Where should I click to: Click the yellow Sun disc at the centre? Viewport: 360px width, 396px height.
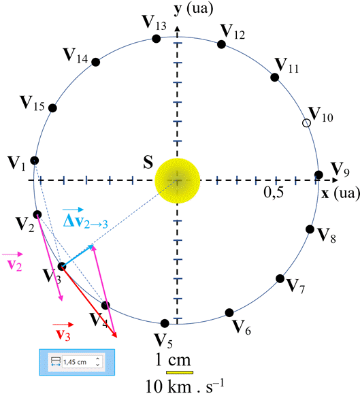click(x=178, y=180)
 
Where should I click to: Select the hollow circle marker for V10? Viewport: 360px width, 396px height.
click(x=306, y=123)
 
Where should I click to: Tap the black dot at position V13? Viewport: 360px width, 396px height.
click(x=157, y=39)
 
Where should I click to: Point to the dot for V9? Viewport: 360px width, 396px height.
click(x=318, y=174)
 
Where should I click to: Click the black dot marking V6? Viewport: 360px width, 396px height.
click(x=229, y=313)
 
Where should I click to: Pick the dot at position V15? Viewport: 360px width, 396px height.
click(x=52, y=108)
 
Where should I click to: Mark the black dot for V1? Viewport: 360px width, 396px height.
click(x=34, y=160)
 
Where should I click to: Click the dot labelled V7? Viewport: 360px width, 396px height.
click(x=280, y=278)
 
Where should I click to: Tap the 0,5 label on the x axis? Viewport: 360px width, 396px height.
click(x=274, y=193)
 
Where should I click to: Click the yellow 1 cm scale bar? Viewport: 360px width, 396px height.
click(x=180, y=372)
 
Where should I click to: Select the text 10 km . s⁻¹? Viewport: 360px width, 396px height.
click(x=185, y=386)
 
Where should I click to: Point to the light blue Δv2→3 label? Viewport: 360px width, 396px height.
click(x=85, y=218)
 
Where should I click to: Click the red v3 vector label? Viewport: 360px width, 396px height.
click(x=63, y=331)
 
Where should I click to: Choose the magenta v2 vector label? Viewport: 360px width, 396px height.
click(x=13, y=262)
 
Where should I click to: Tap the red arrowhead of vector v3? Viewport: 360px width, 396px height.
click(x=115, y=335)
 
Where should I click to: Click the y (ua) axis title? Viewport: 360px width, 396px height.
click(x=193, y=9)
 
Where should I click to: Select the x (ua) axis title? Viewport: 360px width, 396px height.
click(x=340, y=193)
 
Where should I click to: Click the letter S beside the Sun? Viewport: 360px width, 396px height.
click(x=148, y=162)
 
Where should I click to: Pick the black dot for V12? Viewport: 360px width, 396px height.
click(x=221, y=44)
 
